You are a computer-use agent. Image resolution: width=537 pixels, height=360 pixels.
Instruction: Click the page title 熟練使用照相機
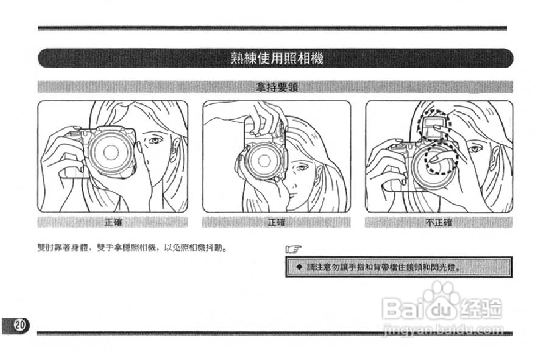276,58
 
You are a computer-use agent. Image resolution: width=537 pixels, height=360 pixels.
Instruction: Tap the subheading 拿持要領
277,87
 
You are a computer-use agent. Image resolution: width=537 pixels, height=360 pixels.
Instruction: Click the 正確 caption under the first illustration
113,222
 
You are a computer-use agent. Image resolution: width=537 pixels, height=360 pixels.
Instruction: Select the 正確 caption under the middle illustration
276,222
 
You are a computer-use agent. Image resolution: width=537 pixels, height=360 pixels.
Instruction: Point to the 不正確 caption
439,222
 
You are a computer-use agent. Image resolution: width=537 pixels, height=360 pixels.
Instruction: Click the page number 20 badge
20,325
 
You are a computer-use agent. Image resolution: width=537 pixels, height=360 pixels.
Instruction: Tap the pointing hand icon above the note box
293,249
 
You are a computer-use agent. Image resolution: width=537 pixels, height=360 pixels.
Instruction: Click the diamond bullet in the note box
299,267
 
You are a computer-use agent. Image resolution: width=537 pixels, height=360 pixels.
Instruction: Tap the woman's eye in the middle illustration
300,167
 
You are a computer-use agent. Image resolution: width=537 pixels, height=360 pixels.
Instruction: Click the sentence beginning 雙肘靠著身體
132,248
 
